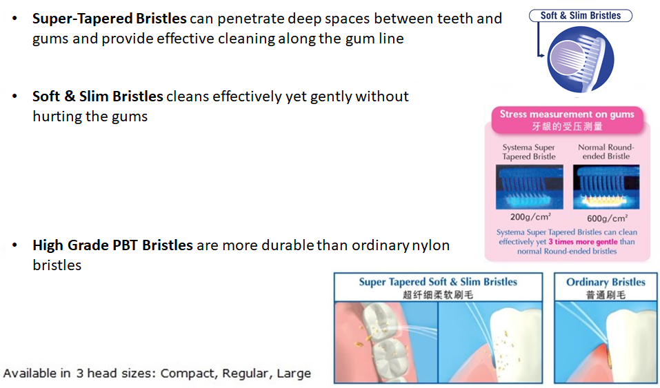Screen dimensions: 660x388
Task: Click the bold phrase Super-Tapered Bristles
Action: click(x=110, y=19)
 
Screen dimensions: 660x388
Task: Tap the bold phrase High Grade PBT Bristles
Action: click(x=113, y=245)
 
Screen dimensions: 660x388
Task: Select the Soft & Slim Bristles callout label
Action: click(x=581, y=16)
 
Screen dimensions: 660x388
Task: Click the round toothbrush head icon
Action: click(x=581, y=59)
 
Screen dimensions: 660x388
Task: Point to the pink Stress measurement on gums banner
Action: click(x=567, y=120)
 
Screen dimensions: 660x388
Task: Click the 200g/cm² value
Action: click(x=530, y=216)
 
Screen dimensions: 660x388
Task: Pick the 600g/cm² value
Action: click(x=608, y=218)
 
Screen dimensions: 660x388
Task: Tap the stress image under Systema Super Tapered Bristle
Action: click(x=530, y=187)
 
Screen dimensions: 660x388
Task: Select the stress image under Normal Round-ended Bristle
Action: click(x=606, y=187)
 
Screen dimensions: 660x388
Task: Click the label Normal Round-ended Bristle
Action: click(x=606, y=152)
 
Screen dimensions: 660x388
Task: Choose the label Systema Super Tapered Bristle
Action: click(x=529, y=152)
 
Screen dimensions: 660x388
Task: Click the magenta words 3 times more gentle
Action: click(x=583, y=242)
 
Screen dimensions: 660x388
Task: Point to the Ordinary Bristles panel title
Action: click(x=606, y=282)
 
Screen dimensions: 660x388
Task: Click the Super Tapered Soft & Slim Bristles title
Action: click(x=438, y=282)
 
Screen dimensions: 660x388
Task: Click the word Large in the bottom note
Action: click(x=294, y=374)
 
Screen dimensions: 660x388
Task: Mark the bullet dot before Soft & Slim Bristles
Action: click(x=14, y=96)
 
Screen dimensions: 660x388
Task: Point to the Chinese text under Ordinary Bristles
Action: click(x=606, y=295)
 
